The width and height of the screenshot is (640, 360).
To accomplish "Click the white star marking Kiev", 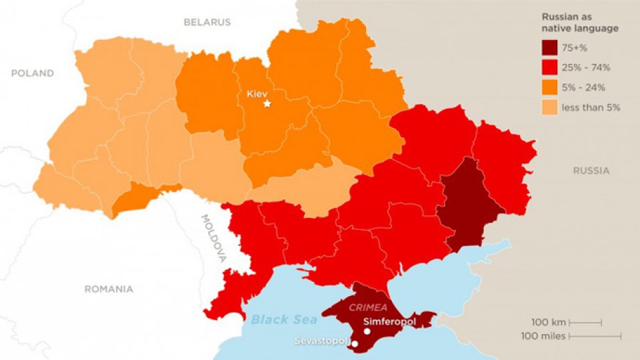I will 267,104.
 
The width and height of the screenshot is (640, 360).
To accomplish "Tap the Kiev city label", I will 257,93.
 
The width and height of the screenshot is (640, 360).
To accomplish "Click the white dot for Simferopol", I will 367,331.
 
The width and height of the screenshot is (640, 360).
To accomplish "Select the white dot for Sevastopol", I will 355,344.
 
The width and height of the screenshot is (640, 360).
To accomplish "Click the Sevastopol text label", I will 322,341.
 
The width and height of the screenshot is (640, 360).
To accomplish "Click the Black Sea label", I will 284,320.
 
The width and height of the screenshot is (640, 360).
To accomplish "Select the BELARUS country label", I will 207,22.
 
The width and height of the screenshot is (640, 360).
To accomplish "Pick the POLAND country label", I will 32,73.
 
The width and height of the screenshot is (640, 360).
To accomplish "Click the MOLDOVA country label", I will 214,237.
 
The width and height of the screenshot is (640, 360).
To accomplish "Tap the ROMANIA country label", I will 108,289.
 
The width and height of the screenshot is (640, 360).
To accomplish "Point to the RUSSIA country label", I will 591,171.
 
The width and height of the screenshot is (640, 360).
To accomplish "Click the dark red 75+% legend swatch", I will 550,48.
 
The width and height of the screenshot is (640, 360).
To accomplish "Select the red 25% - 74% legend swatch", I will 550,67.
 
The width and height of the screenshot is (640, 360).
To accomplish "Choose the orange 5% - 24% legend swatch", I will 550,87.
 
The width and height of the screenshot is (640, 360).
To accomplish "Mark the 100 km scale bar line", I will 585,323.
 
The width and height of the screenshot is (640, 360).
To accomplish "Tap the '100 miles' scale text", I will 545,336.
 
